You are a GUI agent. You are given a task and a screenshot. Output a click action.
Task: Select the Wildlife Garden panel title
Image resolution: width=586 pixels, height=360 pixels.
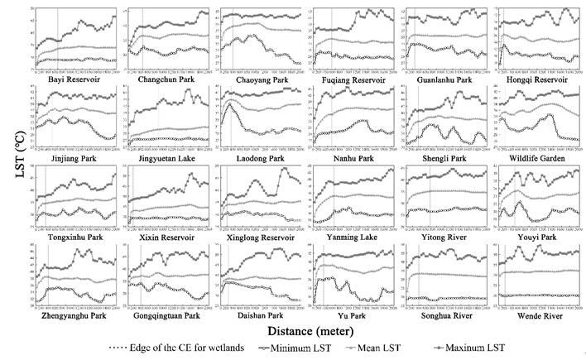pyautogui.click(x=542, y=157)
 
